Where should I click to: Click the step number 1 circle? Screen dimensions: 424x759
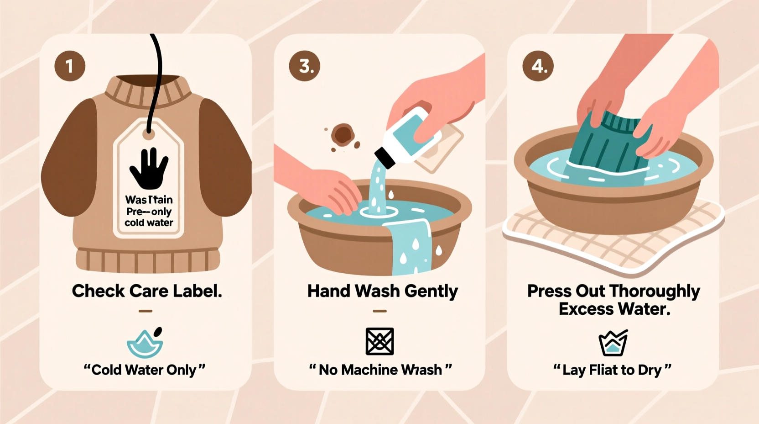pyautogui.click(x=70, y=66)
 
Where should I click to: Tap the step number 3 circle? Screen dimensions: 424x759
pyautogui.click(x=304, y=66)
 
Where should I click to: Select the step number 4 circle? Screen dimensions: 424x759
pyautogui.click(x=538, y=66)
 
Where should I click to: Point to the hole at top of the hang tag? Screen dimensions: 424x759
pyautogui.click(x=148, y=134)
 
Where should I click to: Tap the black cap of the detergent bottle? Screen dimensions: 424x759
pyautogui.click(x=385, y=157)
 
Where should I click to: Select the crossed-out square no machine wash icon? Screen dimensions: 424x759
pyautogui.click(x=379, y=341)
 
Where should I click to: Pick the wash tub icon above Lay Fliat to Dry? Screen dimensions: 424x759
pyautogui.click(x=613, y=344)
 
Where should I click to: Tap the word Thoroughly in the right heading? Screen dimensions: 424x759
pyautogui.click(x=655, y=291)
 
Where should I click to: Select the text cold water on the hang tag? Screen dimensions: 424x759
pyautogui.click(x=149, y=223)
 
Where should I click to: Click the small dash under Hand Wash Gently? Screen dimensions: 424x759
pyautogui.click(x=379, y=311)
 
